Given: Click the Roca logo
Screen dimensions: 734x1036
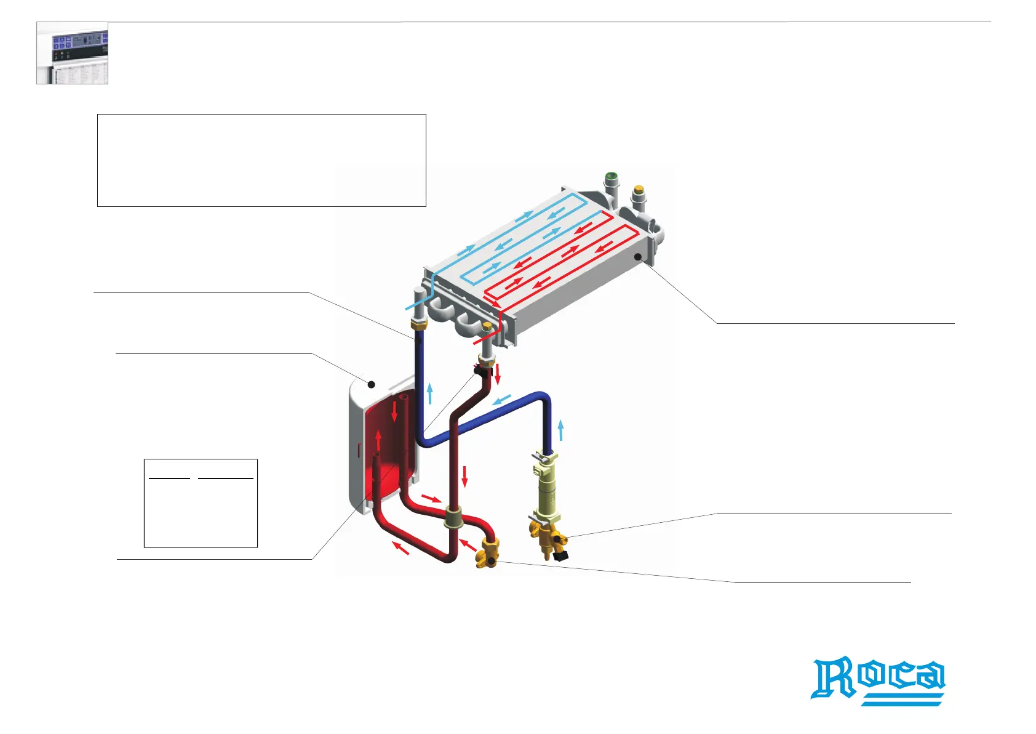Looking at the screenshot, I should (879, 681).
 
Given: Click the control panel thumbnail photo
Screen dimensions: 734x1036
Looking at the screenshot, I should (73, 53).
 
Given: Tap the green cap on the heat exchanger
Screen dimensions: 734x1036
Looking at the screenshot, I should (611, 177).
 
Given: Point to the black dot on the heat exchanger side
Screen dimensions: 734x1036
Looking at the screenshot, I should (639, 256).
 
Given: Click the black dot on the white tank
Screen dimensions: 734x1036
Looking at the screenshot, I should (372, 385).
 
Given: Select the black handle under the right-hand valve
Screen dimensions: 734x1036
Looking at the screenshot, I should (560, 556).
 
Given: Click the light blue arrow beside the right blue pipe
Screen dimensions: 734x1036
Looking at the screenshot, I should (561, 430).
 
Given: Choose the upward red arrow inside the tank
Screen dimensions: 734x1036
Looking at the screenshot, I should (378, 441).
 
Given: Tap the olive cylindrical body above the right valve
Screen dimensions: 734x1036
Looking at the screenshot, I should (546, 493).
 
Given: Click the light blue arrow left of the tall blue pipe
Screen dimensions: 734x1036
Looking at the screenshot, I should (430, 393).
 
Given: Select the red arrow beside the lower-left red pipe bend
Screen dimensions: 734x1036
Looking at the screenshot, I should (400, 547).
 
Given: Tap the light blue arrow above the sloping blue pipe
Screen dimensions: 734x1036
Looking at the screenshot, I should (502, 400).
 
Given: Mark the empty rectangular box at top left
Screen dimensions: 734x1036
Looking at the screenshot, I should (261, 160).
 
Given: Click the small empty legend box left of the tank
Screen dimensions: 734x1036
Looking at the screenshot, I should (201, 503).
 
